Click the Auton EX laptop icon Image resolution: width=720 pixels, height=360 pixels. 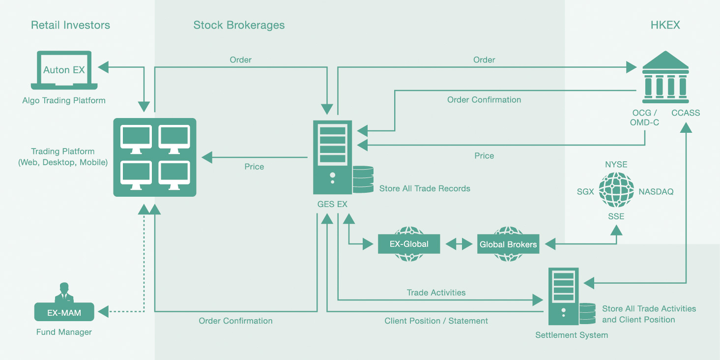click(64, 70)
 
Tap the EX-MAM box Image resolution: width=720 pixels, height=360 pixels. click(64, 312)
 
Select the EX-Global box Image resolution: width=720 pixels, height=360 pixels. click(409, 244)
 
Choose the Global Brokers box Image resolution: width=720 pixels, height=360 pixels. click(508, 244)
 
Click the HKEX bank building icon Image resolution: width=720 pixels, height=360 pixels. click(665, 77)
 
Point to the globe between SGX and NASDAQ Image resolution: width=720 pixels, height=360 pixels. click(616, 189)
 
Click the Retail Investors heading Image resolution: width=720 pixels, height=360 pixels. click(70, 25)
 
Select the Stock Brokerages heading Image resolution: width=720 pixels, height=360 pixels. click(239, 26)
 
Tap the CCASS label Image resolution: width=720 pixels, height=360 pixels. click(686, 113)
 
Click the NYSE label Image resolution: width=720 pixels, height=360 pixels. click(616, 164)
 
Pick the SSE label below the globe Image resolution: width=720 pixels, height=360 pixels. click(616, 216)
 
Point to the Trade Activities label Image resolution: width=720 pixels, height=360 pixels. click(436, 293)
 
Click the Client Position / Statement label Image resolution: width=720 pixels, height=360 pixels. click(436, 321)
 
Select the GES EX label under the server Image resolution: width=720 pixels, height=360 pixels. click(332, 204)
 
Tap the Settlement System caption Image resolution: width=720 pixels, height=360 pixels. click(572, 335)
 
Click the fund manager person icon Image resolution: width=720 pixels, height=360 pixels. click(64, 293)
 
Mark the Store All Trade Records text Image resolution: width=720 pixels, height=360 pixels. click(425, 188)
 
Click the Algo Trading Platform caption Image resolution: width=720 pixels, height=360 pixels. click(63, 101)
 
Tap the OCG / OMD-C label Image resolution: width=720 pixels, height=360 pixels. click(644, 118)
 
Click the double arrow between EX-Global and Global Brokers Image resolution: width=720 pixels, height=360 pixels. click(459, 244)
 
